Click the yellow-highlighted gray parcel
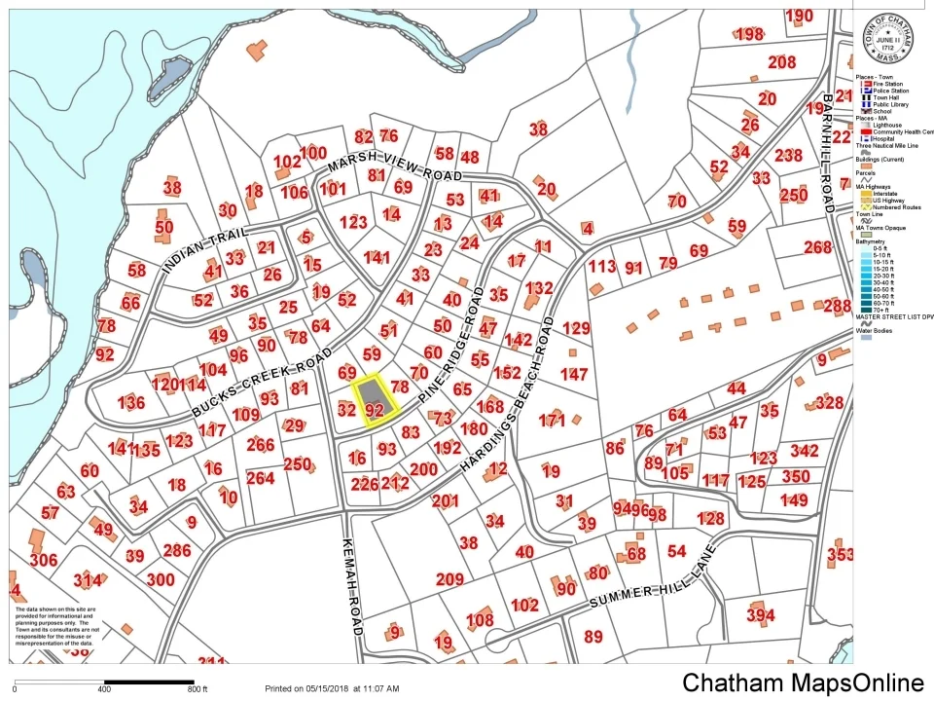[375, 398]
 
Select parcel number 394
[761, 615]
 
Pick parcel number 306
[44, 560]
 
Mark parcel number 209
[449, 580]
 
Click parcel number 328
[829, 402]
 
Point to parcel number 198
[749, 35]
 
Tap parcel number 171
[552, 421]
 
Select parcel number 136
[130, 403]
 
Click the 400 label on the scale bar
[104, 689]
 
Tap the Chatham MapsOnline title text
[802, 683]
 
